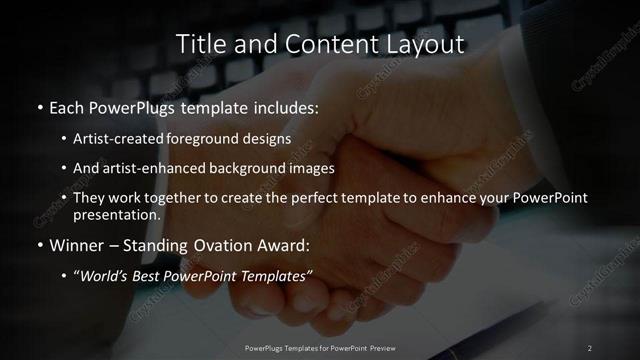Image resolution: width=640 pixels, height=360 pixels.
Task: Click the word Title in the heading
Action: [x=199, y=44]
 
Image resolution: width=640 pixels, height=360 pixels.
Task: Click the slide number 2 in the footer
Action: [x=590, y=348]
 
